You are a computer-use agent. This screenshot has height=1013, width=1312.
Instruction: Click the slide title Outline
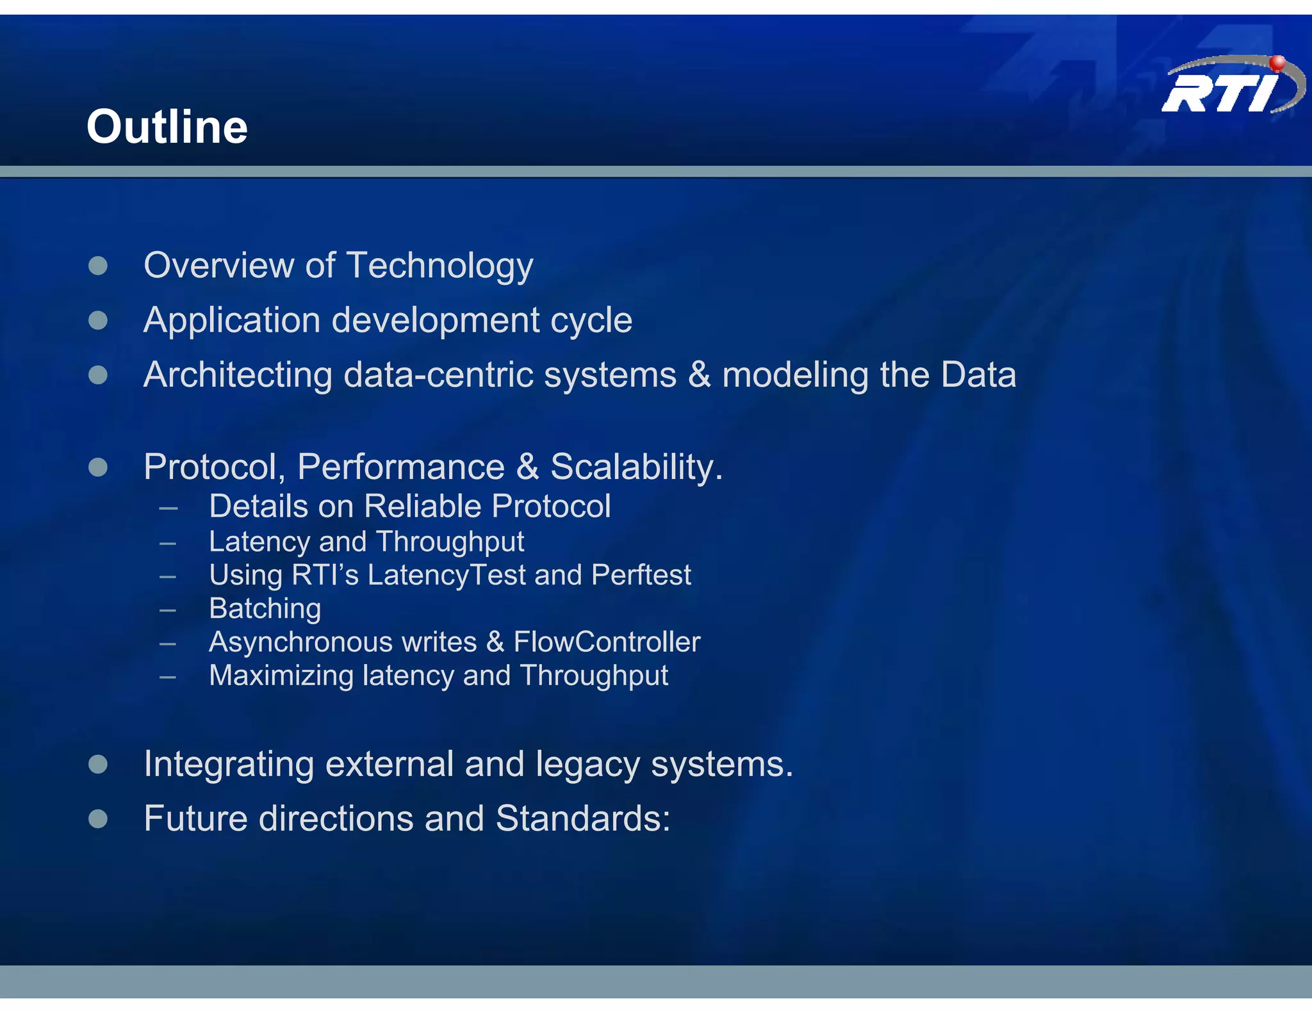click(167, 127)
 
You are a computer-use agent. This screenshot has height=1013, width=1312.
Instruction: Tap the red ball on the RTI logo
click(1277, 63)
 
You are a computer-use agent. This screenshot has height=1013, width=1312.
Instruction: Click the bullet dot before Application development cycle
click(98, 320)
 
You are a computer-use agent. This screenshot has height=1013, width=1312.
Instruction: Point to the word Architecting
click(238, 375)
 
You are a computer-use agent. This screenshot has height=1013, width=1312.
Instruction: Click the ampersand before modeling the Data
click(699, 375)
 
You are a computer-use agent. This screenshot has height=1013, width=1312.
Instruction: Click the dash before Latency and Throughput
click(168, 544)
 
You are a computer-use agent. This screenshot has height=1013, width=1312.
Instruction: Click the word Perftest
click(641, 575)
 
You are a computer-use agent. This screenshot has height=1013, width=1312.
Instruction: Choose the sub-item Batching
click(265, 609)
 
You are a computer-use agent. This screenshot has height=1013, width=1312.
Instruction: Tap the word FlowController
click(607, 642)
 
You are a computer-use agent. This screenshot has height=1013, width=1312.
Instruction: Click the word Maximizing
click(281, 676)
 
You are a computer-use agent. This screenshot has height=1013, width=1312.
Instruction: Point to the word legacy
click(587, 765)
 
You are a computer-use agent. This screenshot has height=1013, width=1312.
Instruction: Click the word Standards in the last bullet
click(582, 819)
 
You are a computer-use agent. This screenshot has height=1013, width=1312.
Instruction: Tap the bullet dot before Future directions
click(98, 819)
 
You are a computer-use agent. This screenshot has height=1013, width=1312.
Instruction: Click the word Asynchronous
click(300, 642)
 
